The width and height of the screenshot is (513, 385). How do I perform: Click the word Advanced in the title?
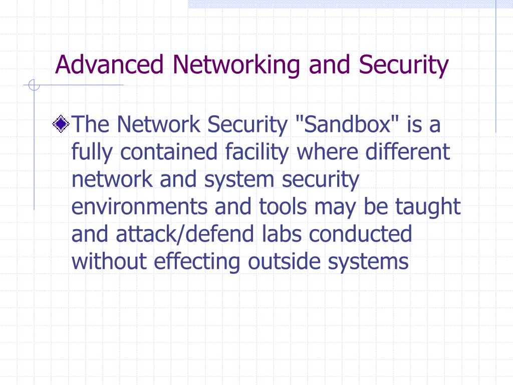click(x=109, y=65)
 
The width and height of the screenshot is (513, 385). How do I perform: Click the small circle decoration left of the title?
click(x=34, y=86)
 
